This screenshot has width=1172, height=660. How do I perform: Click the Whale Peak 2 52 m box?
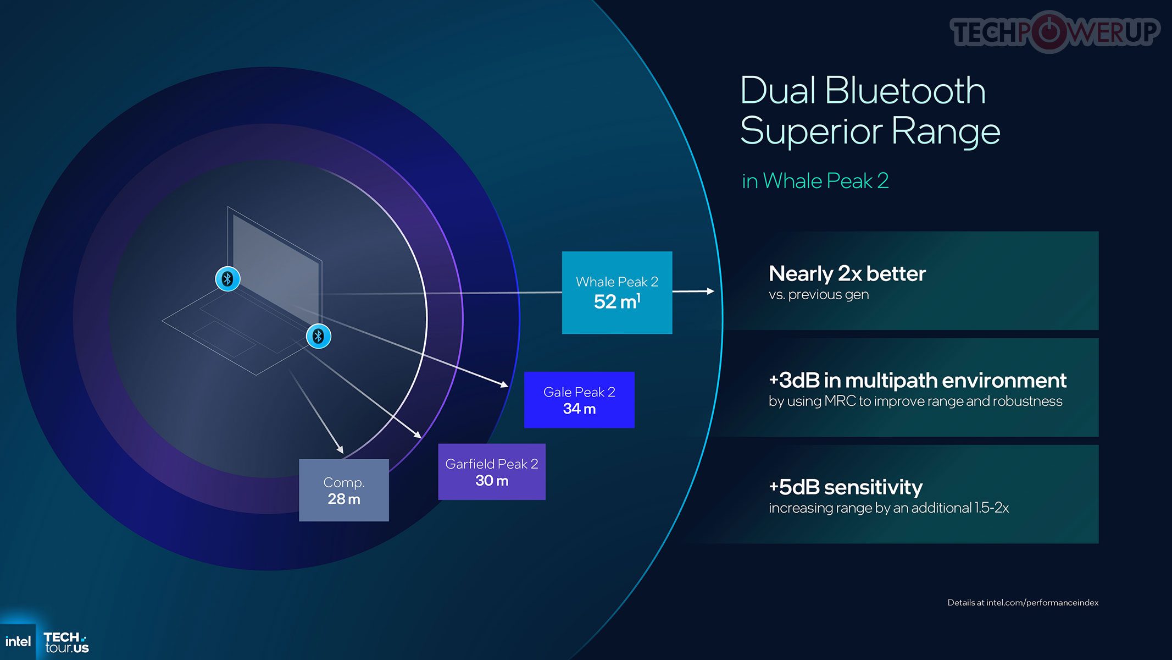pyautogui.click(x=616, y=293)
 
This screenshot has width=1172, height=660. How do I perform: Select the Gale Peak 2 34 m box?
pyautogui.click(x=579, y=400)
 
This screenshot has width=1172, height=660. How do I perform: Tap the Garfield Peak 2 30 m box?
pyautogui.click(x=492, y=472)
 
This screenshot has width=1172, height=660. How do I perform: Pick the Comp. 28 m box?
pyautogui.click(x=344, y=490)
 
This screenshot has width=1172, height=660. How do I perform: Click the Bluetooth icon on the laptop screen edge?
pyautogui.click(x=227, y=279)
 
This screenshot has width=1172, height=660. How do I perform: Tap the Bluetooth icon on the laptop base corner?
pyautogui.click(x=318, y=336)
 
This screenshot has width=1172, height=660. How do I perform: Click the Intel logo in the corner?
pyautogui.click(x=18, y=641)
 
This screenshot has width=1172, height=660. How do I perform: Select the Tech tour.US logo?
pyautogui.click(x=66, y=642)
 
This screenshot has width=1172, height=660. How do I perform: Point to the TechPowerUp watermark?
pyautogui.click(x=1055, y=31)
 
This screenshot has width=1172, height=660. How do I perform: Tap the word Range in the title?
pyautogui.click(x=946, y=131)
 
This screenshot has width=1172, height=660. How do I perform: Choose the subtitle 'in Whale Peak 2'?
pyautogui.click(x=815, y=181)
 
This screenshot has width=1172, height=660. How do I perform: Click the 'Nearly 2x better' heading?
pyautogui.click(x=847, y=273)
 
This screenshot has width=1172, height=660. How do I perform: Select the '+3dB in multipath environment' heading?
pyautogui.click(x=918, y=380)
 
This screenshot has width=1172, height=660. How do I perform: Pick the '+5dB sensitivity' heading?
pyautogui.click(x=846, y=487)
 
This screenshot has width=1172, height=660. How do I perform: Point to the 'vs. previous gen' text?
pyautogui.click(x=819, y=295)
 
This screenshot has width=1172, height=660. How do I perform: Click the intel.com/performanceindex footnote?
pyautogui.click(x=1023, y=602)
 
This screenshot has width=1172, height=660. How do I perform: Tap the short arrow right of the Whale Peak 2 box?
pyautogui.click(x=693, y=291)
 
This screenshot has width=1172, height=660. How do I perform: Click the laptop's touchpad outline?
pyautogui.click(x=224, y=339)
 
